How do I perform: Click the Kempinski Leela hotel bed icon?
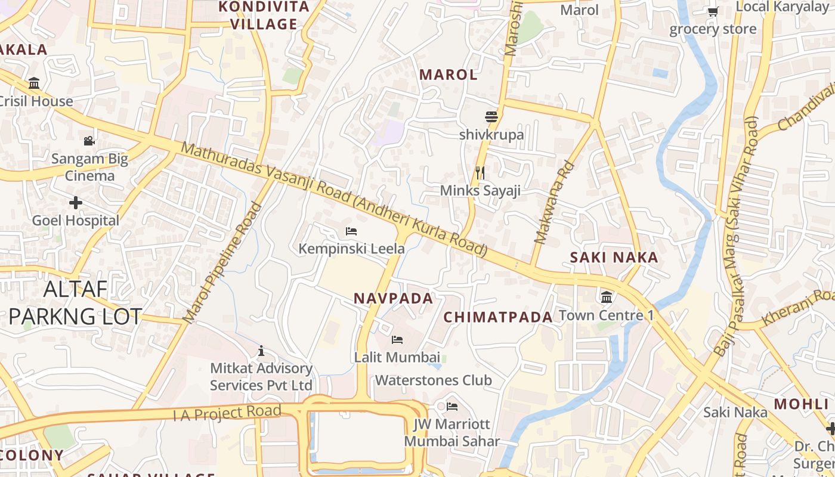[x=351, y=231]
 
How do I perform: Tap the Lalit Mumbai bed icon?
[x=397, y=340]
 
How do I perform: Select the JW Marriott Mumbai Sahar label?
[x=451, y=433]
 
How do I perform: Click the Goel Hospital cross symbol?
[x=76, y=203]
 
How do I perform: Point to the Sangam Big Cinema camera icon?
[x=89, y=141]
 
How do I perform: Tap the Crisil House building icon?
[x=34, y=83]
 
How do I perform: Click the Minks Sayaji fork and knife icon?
[x=480, y=173]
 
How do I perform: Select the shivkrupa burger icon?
[x=491, y=117]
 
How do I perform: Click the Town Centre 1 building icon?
[x=607, y=297]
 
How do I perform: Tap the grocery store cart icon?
[x=713, y=11]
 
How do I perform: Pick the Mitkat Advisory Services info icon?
[x=261, y=351]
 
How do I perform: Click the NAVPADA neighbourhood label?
[x=394, y=299]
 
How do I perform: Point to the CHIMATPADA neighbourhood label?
[x=498, y=317]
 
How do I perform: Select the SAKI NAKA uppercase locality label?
[x=614, y=258]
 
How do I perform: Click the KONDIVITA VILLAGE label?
[x=264, y=16]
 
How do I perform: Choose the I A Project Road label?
[x=227, y=413]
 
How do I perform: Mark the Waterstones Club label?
[x=433, y=380]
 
